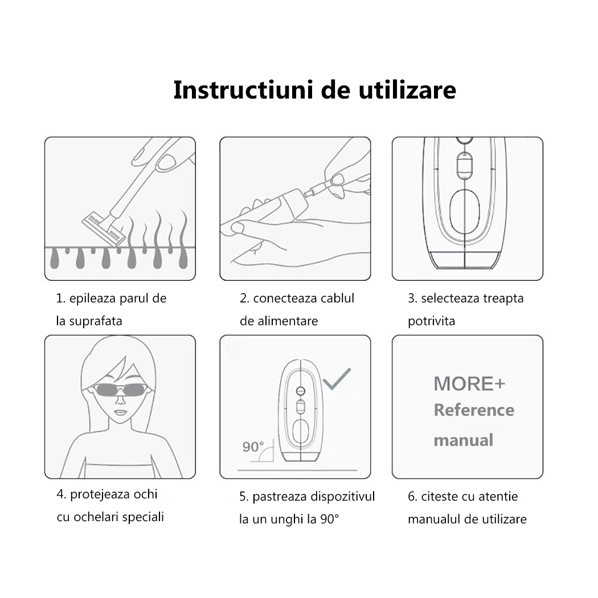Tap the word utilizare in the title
407,90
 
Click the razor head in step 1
104,230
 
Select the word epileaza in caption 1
93,298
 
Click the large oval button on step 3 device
464,212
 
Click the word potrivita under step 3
431,321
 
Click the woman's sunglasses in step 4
119,390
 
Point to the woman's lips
120,413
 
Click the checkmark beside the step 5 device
337,379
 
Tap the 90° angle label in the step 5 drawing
253,447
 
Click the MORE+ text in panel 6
469,384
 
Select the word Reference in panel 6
474,411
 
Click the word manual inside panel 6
464,440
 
